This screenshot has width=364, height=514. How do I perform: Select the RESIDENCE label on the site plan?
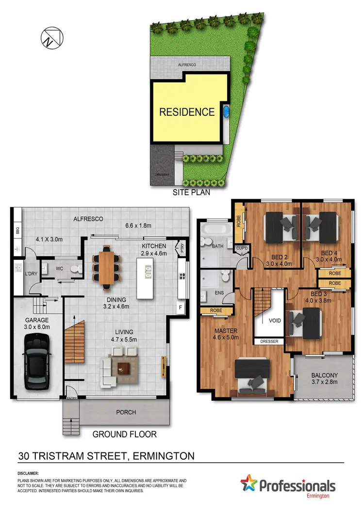pyautogui.click(x=187, y=112)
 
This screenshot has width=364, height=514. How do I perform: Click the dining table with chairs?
pyautogui.click(x=106, y=265)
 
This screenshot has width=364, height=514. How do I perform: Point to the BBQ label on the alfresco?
pyautogui.click(x=17, y=231)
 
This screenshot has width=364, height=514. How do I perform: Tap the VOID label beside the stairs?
pyautogui.click(x=268, y=321)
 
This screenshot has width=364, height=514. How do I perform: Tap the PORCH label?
pyautogui.click(x=126, y=413)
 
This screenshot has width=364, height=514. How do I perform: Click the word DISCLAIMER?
pyautogui.click(x=29, y=473)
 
